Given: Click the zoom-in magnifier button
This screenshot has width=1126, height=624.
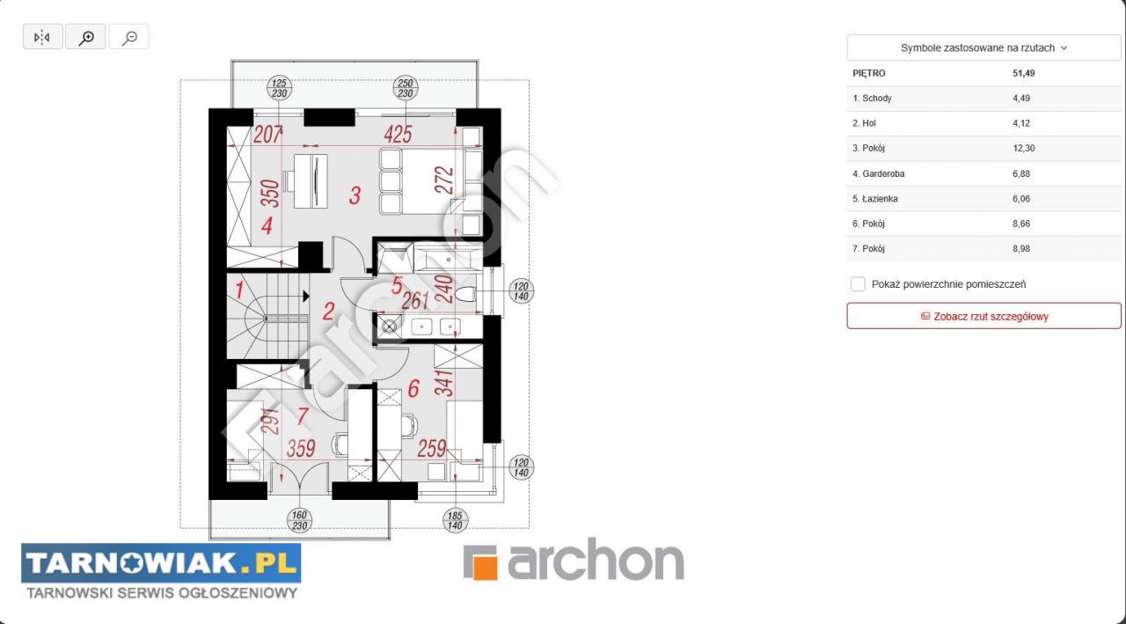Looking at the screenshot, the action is point(85,37).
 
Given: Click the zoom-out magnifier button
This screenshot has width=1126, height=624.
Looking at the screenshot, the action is point(128,37).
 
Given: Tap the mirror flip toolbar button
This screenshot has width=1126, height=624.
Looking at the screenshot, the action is point(43,37).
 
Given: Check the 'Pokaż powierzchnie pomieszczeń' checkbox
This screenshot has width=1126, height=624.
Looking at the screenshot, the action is point(858,284).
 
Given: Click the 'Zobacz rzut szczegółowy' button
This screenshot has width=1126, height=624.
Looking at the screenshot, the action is point(983,316).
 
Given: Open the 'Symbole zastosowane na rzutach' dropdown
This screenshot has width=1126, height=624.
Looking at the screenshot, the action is point(983,48).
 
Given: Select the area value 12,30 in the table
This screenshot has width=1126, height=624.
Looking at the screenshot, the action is point(1023,149).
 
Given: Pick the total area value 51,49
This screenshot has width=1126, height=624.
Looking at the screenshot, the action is point(1023,73).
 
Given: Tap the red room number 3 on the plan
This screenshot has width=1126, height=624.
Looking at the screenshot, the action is point(355,195).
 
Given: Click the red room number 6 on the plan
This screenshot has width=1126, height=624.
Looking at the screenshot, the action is point(413,389).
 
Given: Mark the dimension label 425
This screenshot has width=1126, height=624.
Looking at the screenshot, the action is point(398,135).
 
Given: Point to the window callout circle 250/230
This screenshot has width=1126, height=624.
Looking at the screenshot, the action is point(406,88).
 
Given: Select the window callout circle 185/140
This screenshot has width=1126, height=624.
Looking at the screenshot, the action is point(455,520).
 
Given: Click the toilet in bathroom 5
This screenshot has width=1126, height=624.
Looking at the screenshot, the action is point(465,294).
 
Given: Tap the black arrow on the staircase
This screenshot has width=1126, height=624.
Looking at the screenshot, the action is point(305,297).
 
